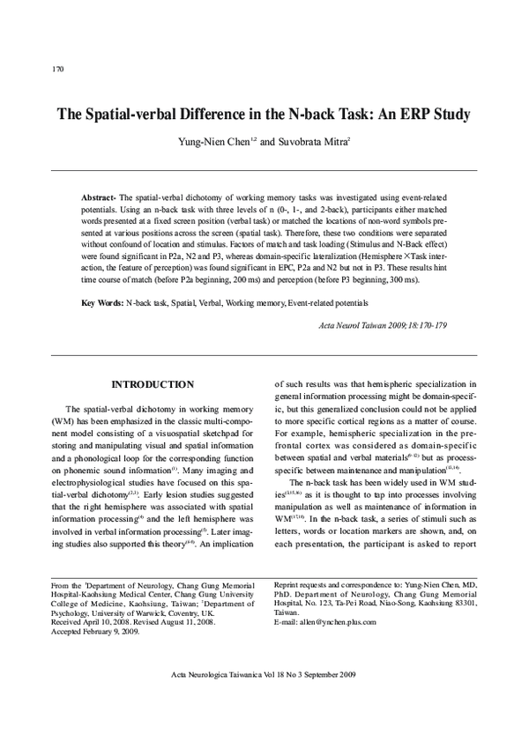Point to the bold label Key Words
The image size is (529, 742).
point(101,303)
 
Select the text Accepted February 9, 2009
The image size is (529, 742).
point(96,632)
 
